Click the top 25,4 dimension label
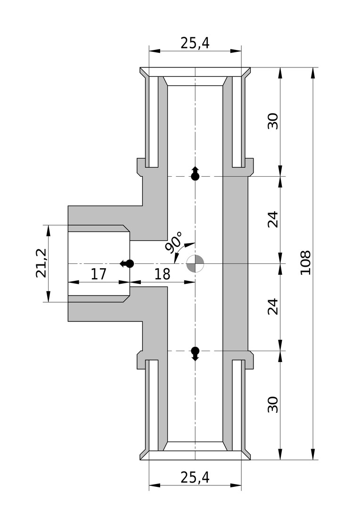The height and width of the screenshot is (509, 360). (x=195, y=43)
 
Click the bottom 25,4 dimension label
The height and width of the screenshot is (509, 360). (x=195, y=478)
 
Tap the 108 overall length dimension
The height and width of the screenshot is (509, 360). (x=305, y=263)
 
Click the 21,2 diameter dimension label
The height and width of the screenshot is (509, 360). (x=41, y=263)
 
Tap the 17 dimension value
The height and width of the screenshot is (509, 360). (x=98, y=274)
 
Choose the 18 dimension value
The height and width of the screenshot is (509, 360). (x=162, y=274)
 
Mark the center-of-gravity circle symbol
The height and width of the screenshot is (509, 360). (x=195, y=263)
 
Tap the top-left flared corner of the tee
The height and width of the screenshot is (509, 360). (x=143, y=73)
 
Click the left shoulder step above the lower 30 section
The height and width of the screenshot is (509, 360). (x=140, y=360)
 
